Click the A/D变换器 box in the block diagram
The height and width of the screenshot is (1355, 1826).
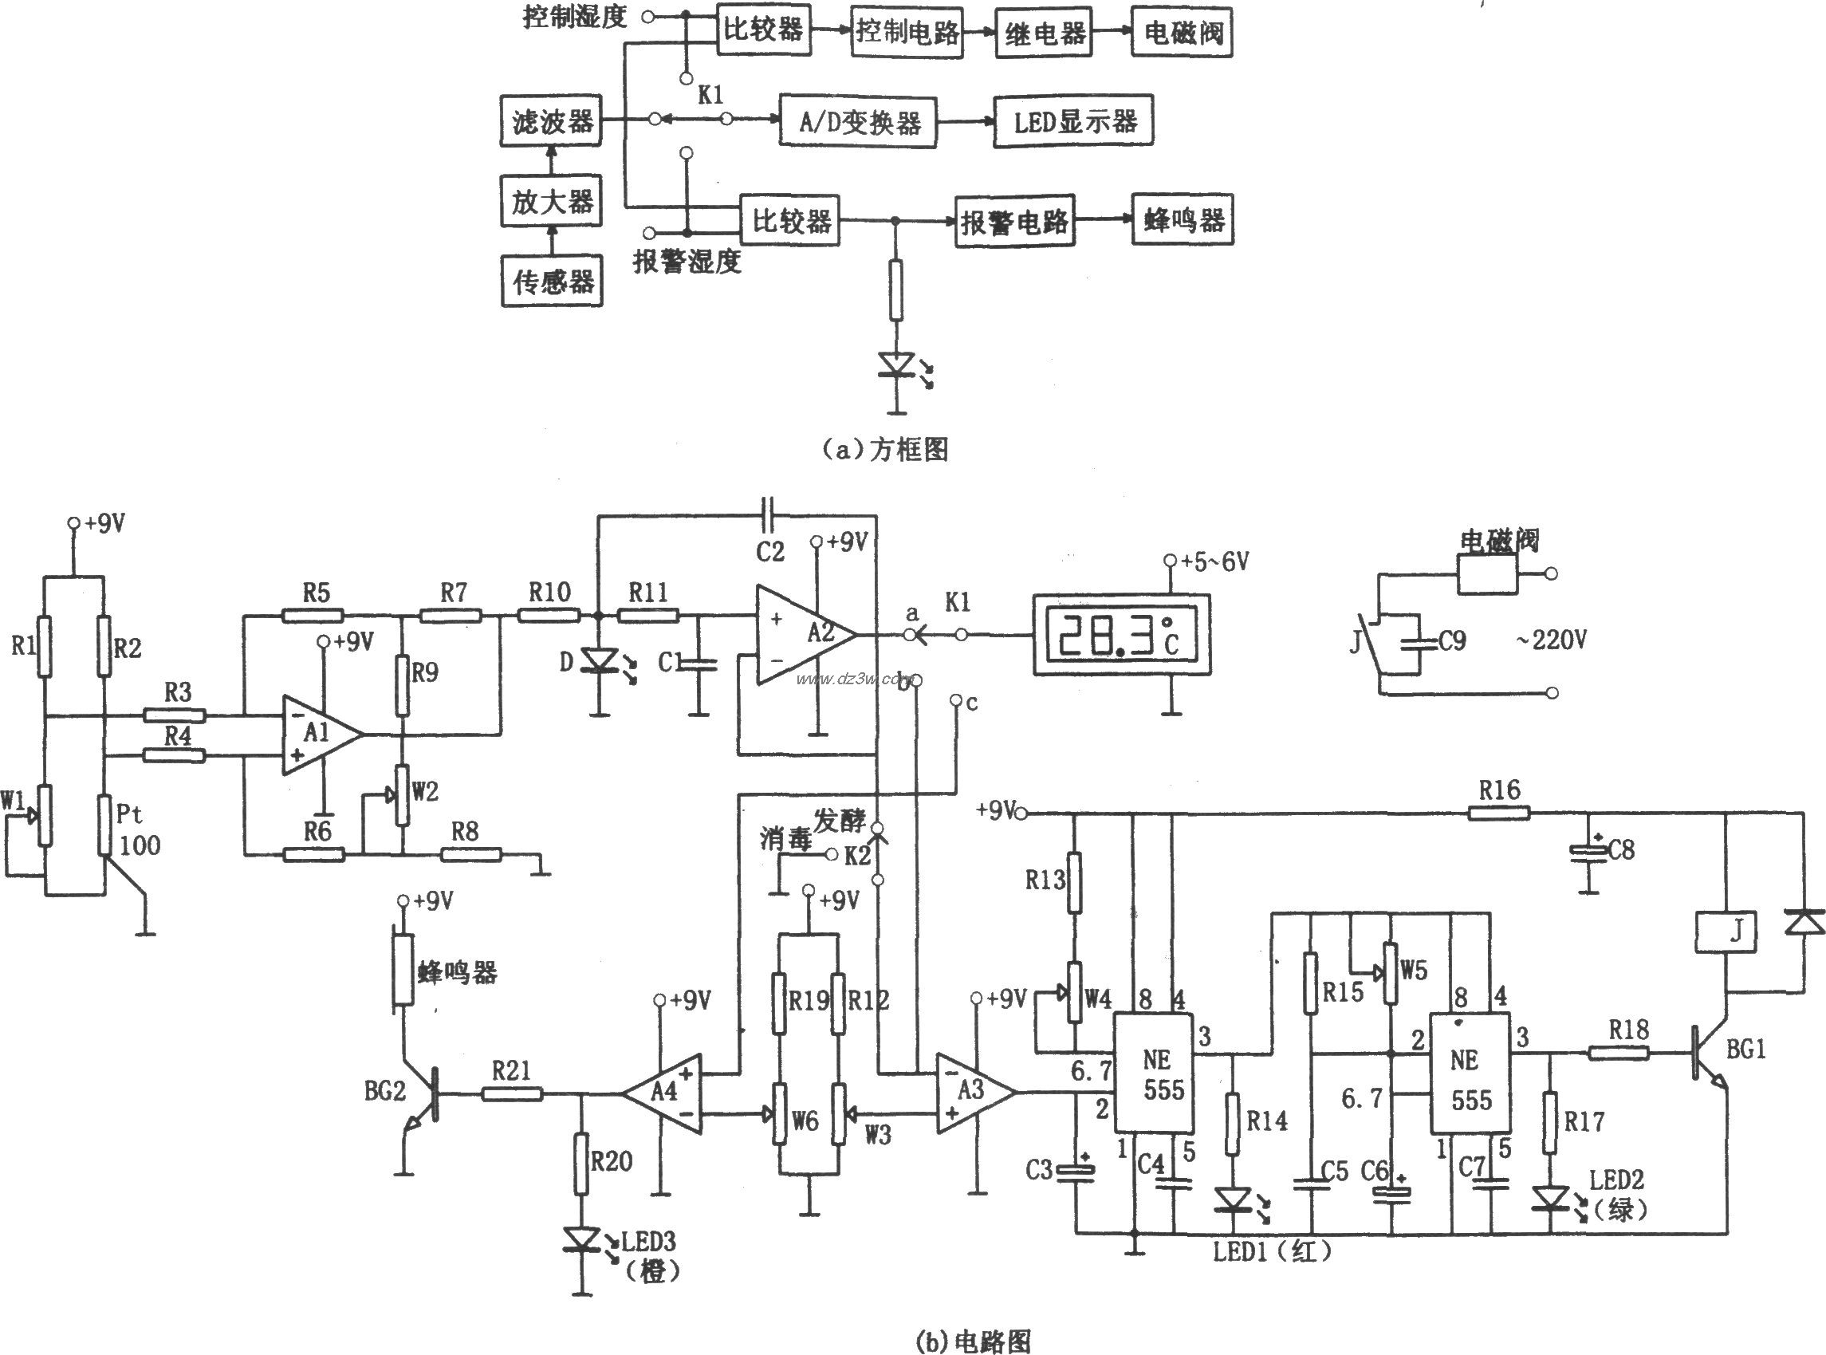click(x=858, y=122)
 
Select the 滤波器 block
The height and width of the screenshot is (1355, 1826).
click(x=551, y=122)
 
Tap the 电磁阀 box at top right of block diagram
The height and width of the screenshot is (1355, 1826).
click(x=1182, y=33)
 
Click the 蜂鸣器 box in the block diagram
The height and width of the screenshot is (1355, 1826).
click(x=1182, y=220)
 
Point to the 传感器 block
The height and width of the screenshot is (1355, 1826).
click(x=551, y=282)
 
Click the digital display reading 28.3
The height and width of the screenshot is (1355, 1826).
click(x=1120, y=636)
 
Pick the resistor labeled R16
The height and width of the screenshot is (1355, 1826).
click(x=1498, y=813)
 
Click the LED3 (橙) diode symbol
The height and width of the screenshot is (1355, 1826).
click(x=581, y=1239)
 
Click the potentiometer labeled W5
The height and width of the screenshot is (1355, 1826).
click(x=1391, y=974)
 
